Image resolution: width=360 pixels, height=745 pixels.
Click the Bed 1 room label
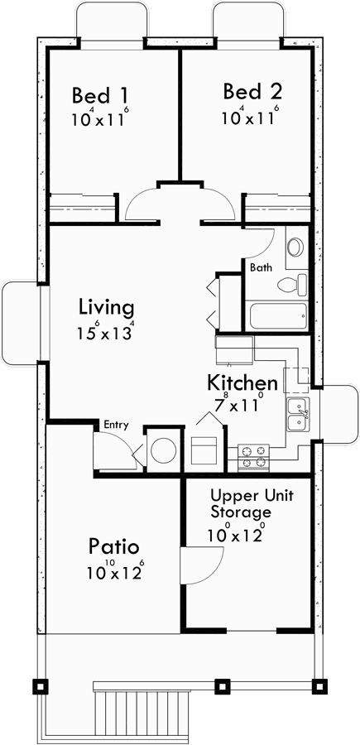99,93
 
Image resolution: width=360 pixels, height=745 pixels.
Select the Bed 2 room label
249,90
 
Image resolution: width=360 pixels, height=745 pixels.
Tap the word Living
106,307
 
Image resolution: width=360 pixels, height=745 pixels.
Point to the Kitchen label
242,382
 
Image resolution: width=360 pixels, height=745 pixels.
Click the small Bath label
260,267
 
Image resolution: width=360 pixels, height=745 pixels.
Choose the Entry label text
115,425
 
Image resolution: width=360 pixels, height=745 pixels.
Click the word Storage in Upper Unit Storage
240,512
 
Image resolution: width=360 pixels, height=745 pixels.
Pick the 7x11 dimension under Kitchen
239,406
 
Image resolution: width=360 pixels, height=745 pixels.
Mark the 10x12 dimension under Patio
114,572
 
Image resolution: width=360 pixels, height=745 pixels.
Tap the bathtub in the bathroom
278,315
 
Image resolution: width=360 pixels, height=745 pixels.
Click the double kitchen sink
297,414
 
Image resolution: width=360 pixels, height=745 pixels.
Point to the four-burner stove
254,457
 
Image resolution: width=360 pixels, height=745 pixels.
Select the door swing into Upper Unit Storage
200,571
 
